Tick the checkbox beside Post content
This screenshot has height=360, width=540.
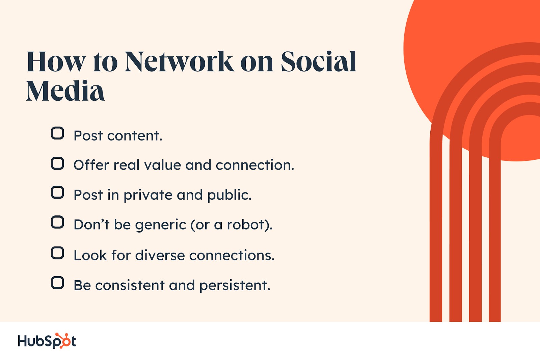(x=57, y=133)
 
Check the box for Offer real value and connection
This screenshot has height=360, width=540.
(x=57, y=163)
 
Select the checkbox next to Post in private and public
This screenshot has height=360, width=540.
(x=57, y=192)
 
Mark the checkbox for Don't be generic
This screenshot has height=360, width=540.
(x=57, y=222)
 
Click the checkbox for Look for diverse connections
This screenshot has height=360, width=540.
(x=57, y=253)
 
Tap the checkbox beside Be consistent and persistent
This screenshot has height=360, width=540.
(x=57, y=283)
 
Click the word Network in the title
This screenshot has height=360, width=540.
(x=179, y=62)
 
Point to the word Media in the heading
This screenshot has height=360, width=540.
(x=65, y=91)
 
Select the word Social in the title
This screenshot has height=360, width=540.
(x=319, y=62)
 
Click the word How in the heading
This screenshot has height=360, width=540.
(x=56, y=62)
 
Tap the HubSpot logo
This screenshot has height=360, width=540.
(x=47, y=341)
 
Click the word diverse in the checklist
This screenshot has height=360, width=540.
(x=160, y=255)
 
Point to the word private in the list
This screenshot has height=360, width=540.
(x=148, y=195)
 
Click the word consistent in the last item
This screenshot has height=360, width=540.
(x=130, y=285)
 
